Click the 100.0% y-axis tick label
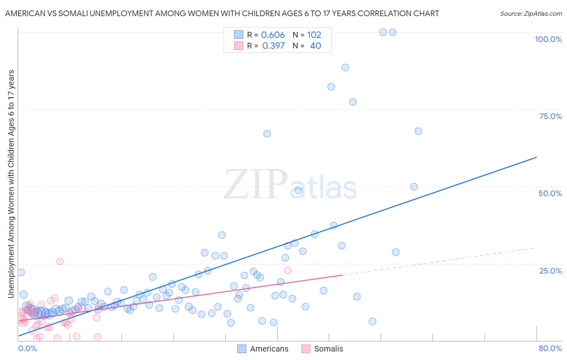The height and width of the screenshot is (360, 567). click(x=548, y=39)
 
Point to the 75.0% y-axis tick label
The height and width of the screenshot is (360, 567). click(x=550, y=116)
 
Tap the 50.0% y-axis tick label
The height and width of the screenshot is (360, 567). click(x=550, y=193)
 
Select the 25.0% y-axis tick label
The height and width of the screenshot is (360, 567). click(x=550, y=271)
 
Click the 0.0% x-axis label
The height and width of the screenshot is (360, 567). click(x=27, y=348)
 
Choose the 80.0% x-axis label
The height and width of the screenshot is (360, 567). click(x=550, y=348)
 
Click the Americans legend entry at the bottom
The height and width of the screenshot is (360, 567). click(x=263, y=349)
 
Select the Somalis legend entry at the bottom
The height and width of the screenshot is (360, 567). click(x=323, y=349)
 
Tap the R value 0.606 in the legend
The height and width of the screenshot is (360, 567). click(x=273, y=35)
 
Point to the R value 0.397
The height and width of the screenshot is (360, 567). click(x=273, y=46)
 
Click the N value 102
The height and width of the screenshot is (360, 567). click(x=314, y=35)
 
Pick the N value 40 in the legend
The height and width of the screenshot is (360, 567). click(x=315, y=46)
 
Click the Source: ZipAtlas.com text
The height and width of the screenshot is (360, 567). click(x=531, y=14)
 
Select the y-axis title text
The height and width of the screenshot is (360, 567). click(x=11, y=184)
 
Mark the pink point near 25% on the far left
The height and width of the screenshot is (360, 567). click(x=60, y=261)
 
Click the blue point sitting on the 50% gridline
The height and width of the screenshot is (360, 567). click(x=414, y=186)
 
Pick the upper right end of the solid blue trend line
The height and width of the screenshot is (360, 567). click(x=536, y=157)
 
